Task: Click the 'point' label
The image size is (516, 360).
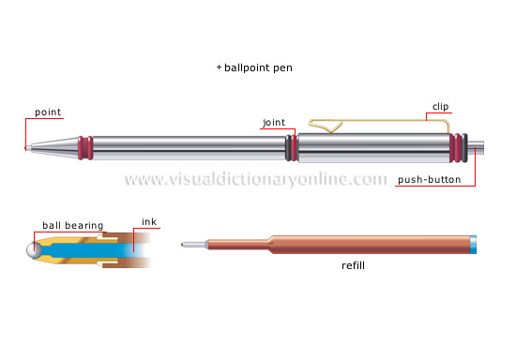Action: (48, 112)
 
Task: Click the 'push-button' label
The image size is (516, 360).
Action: (429, 180)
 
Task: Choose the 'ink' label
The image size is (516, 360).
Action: (148, 221)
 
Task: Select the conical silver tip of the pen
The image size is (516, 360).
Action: (52, 148)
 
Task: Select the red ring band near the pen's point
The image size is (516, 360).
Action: (85, 148)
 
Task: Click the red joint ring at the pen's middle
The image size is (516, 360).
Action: (293, 148)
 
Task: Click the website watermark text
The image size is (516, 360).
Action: (255, 179)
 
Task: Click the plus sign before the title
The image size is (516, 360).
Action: (218, 68)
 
